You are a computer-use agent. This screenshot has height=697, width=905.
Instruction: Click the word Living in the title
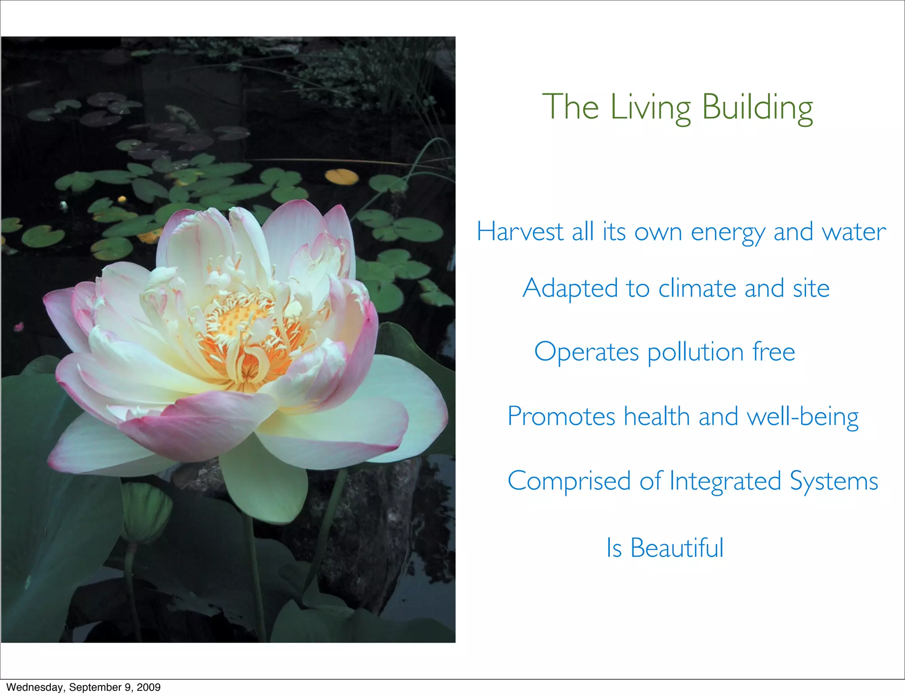(650, 107)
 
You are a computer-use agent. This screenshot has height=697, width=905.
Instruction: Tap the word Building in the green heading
(757, 107)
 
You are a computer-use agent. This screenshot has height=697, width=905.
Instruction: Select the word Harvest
(520, 232)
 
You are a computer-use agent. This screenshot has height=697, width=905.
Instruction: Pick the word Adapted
(570, 288)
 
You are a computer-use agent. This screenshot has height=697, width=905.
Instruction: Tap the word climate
(697, 288)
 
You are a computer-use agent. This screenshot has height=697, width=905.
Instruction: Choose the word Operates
(586, 352)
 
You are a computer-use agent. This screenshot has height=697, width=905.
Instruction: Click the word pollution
(696, 352)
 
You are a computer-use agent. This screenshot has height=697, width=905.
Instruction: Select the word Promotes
(561, 417)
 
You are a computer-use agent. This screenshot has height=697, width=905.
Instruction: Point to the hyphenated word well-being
(802, 417)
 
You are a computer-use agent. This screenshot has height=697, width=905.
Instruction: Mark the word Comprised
(569, 481)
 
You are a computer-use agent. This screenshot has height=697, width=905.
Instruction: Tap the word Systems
(834, 481)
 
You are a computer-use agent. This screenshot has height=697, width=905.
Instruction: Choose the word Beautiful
(677, 548)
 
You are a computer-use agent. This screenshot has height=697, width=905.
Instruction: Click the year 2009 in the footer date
(148, 687)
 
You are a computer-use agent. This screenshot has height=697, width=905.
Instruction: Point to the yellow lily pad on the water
(342, 176)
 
